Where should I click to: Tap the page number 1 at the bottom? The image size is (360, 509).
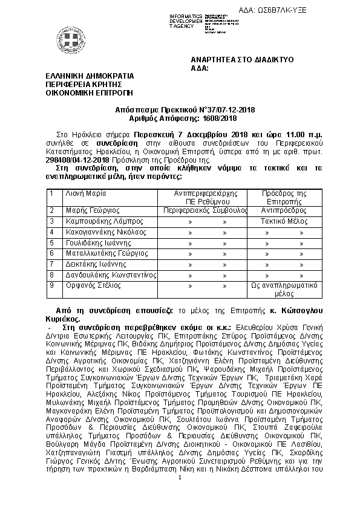click(x=180, y=494)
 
